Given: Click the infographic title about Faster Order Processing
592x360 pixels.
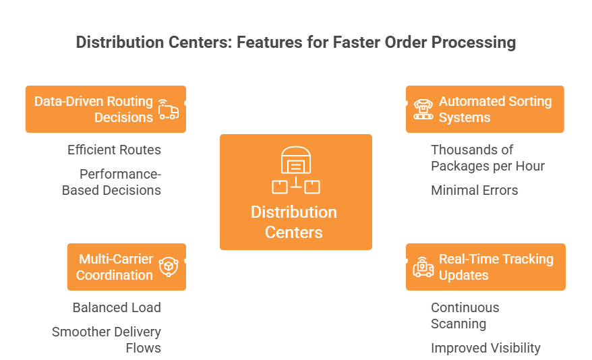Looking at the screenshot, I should click(x=295, y=42).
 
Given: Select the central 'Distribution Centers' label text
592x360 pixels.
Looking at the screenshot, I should click(x=294, y=222).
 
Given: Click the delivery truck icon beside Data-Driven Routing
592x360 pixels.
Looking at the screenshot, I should click(x=169, y=109).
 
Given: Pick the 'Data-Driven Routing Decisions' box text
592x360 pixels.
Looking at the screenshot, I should click(x=94, y=109).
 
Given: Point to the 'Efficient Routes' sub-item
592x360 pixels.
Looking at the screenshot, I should click(x=114, y=150).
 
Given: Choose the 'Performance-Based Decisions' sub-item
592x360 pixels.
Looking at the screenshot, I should click(x=111, y=182).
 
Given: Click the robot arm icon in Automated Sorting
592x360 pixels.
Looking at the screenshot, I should click(x=423, y=109).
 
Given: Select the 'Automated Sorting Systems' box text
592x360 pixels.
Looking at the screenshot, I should click(x=496, y=109).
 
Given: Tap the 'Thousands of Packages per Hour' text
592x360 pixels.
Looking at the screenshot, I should click(x=487, y=158).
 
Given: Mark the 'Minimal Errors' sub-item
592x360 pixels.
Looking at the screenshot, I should click(x=475, y=190).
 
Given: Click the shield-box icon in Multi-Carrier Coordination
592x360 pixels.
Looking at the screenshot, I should click(x=169, y=267).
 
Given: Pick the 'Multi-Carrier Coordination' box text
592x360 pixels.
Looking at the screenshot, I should click(x=115, y=267).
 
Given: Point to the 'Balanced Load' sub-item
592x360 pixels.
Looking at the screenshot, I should click(x=117, y=307).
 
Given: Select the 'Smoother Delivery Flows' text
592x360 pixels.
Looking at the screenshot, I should click(x=107, y=340).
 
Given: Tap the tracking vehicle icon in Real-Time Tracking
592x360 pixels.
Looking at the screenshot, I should click(x=423, y=267).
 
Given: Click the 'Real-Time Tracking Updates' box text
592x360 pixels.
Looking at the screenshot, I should click(x=496, y=267).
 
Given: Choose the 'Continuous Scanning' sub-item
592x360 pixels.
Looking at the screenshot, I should click(x=465, y=316).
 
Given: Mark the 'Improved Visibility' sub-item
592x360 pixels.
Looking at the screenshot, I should click(x=485, y=348).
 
